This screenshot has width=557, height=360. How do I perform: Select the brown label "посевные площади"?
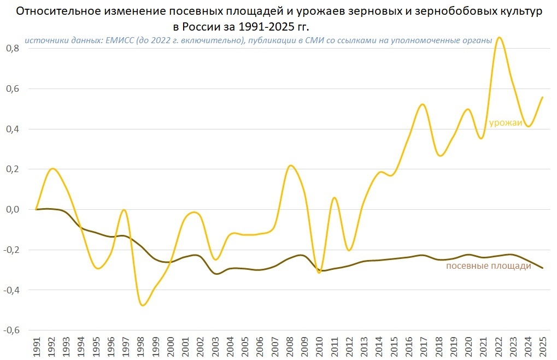(x=489, y=266)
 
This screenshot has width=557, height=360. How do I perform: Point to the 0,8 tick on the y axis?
(x=13, y=48)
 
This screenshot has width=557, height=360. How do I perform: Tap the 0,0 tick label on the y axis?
(x=13, y=209)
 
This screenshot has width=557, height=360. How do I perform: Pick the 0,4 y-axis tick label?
(x=13, y=129)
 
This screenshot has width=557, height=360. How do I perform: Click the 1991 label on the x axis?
(x=37, y=347)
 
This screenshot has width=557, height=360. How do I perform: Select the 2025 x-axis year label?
(x=543, y=347)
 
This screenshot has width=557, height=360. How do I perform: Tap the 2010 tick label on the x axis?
(x=319, y=347)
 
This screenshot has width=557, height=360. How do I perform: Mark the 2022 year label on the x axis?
(x=498, y=347)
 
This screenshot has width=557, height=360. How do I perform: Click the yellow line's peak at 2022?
(x=499, y=37)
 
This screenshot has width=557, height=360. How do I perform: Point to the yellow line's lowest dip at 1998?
(x=143, y=305)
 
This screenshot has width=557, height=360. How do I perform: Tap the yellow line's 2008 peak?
(x=290, y=165)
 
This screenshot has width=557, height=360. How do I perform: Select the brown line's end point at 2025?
(x=543, y=268)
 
